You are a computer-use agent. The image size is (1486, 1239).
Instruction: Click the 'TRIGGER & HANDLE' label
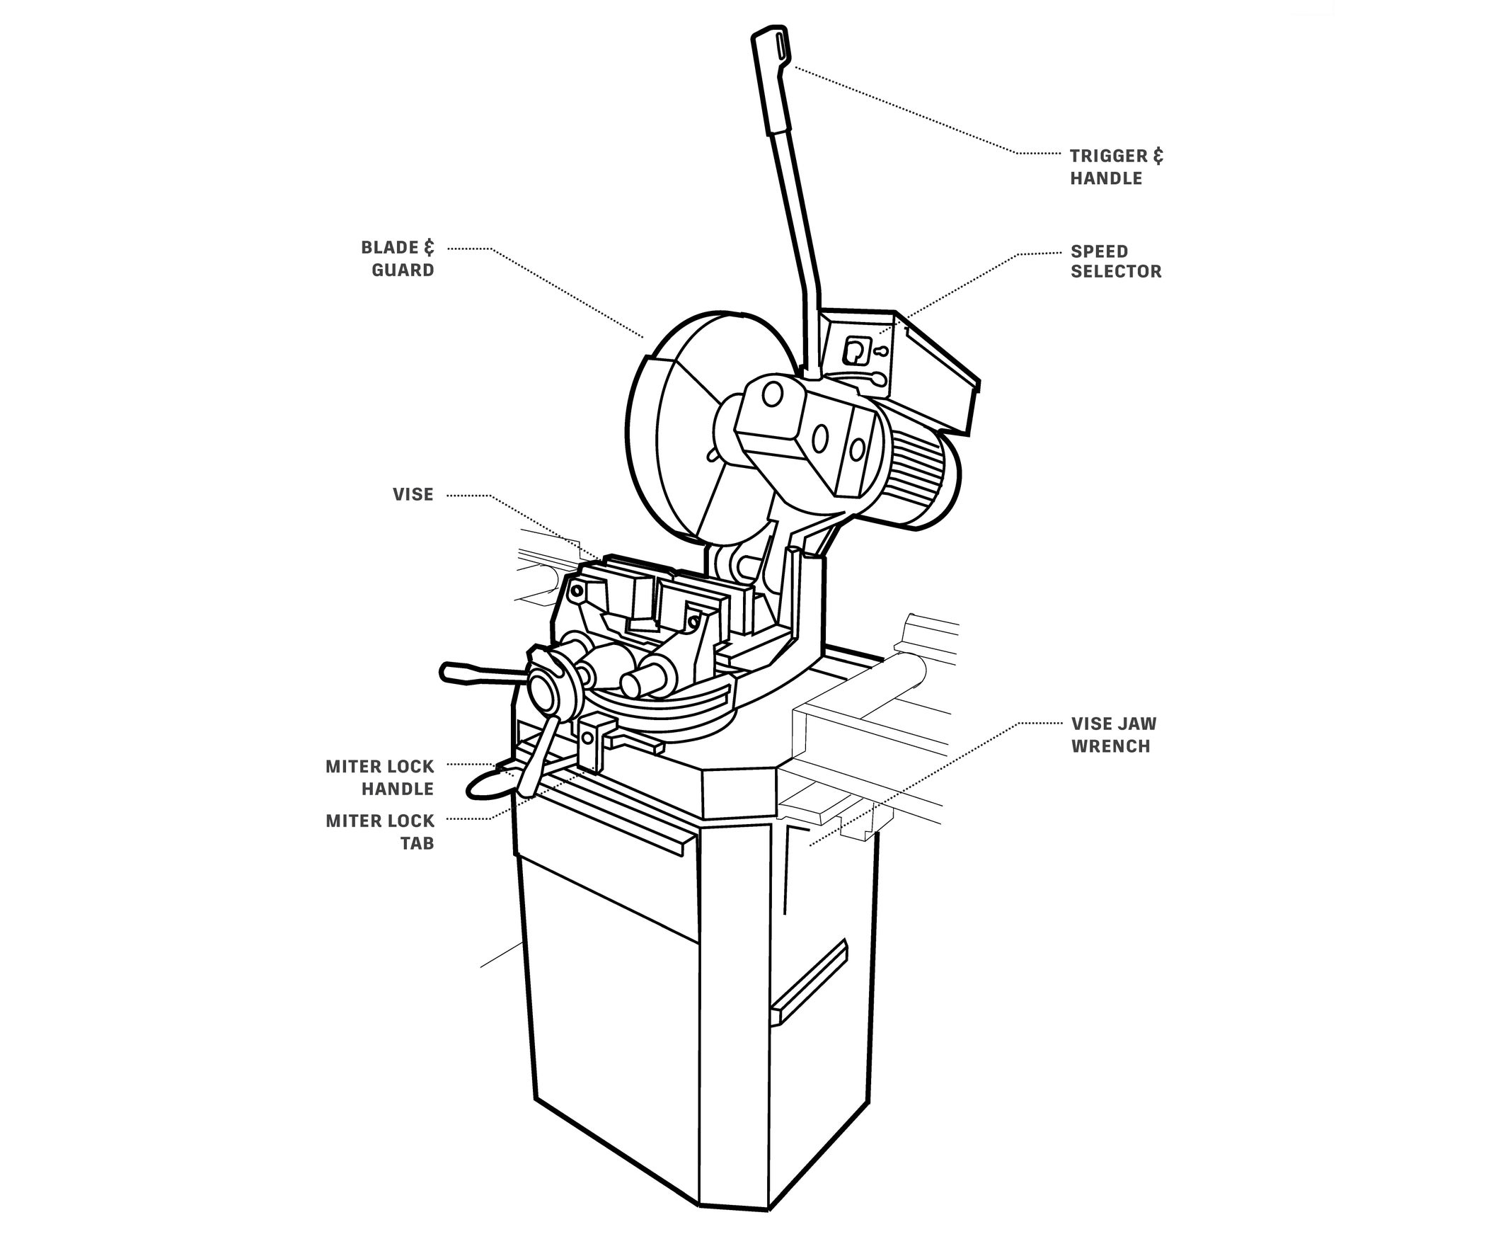[x=1116, y=167]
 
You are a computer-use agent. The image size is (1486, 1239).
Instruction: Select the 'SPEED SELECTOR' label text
[x=1116, y=261]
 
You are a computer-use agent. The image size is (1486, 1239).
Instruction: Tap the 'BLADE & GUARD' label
[x=398, y=258]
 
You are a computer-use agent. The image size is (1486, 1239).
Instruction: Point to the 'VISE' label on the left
[x=413, y=494]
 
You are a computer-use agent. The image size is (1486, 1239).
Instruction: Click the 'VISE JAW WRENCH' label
[x=1113, y=734]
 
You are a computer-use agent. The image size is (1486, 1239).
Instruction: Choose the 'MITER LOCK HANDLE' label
[x=380, y=777]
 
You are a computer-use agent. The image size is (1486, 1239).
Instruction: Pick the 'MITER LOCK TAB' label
[x=380, y=832]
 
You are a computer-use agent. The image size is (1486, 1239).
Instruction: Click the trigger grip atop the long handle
[x=772, y=78]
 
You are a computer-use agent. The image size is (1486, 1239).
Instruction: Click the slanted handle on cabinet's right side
[x=810, y=981]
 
